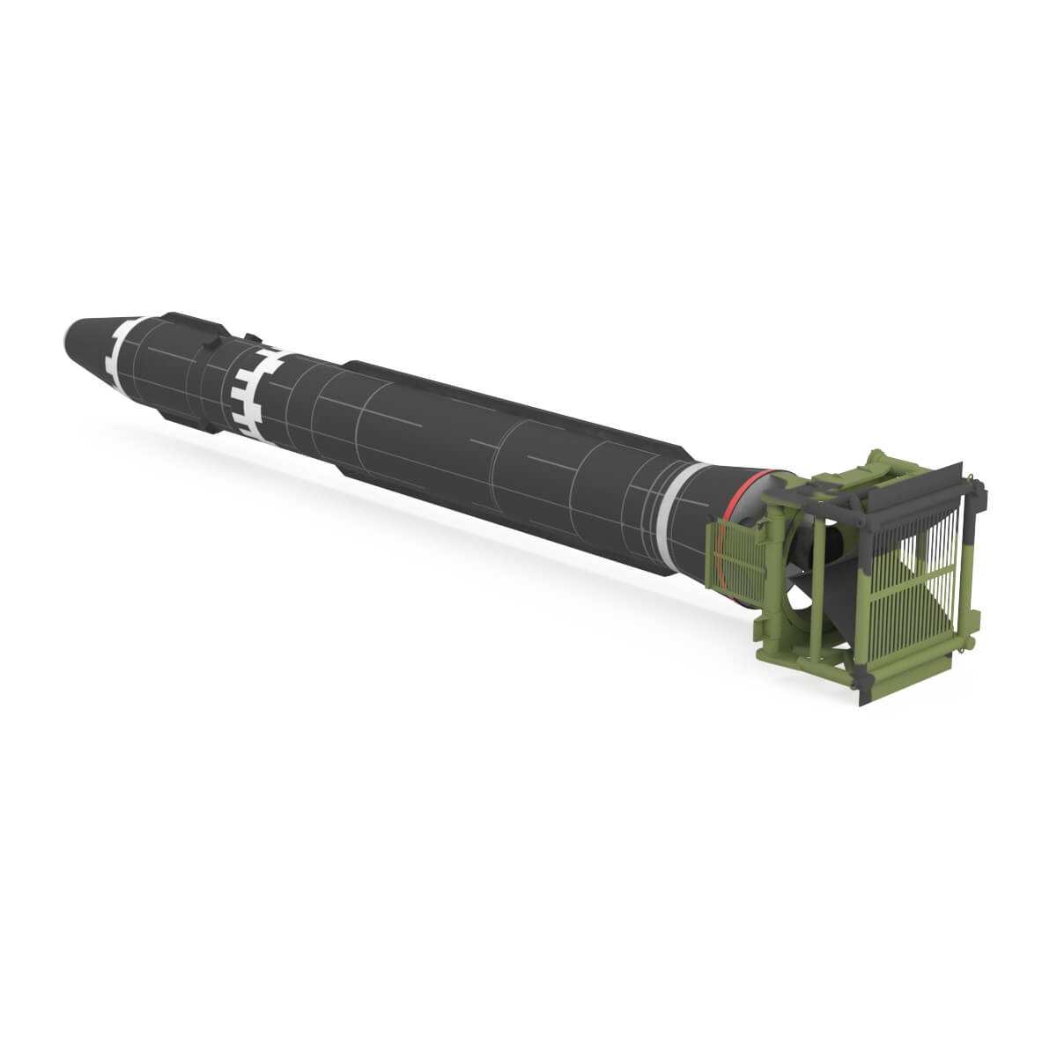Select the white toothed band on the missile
pos(248,388)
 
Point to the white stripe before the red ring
pos(673,502)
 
